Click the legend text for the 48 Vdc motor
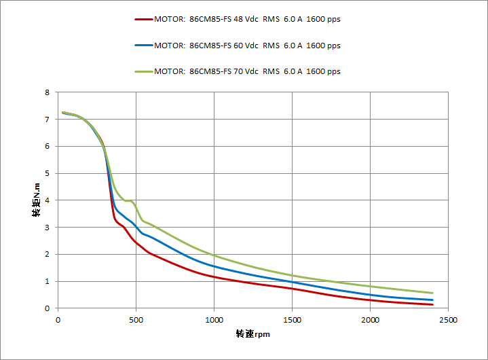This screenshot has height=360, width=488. (x=247, y=20)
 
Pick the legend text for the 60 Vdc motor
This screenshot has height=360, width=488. (x=247, y=46)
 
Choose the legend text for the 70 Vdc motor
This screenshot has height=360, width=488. (x=247, y=71)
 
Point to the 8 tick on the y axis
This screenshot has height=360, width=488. (x=47, y=92)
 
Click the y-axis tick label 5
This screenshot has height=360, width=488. (x=47, y=173)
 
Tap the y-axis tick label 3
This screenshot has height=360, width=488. (x=47, y=228)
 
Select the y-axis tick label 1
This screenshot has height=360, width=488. (x=47, y=281)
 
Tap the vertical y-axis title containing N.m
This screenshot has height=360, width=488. (x=36, y=200)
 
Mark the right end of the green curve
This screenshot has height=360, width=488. (x=432, y=293)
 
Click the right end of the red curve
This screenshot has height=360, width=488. (x=432, y=304)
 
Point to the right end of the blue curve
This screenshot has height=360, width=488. (x=432, y=300)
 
